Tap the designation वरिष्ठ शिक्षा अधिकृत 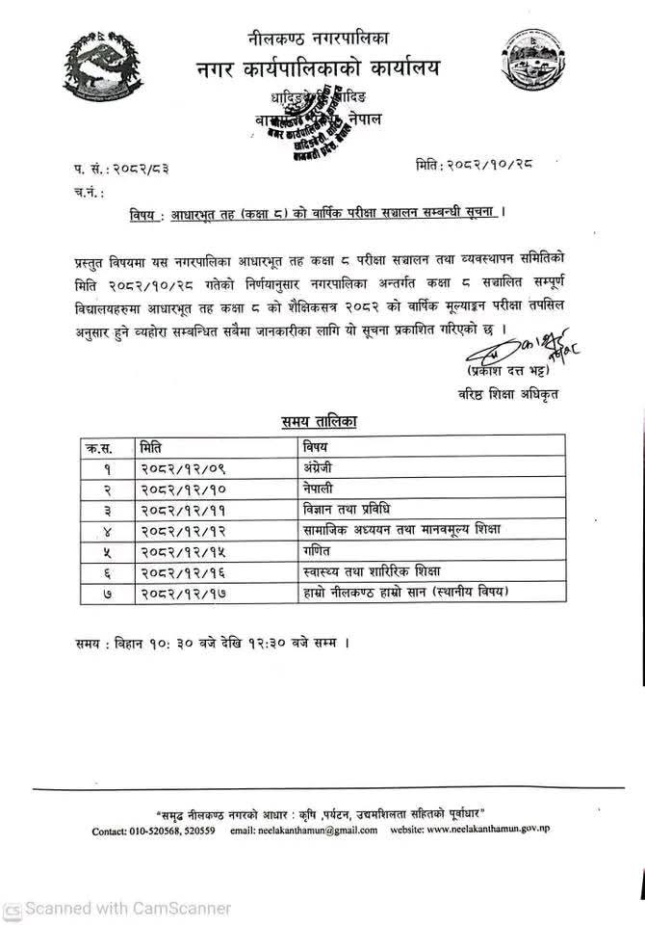[x=508, y=393]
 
